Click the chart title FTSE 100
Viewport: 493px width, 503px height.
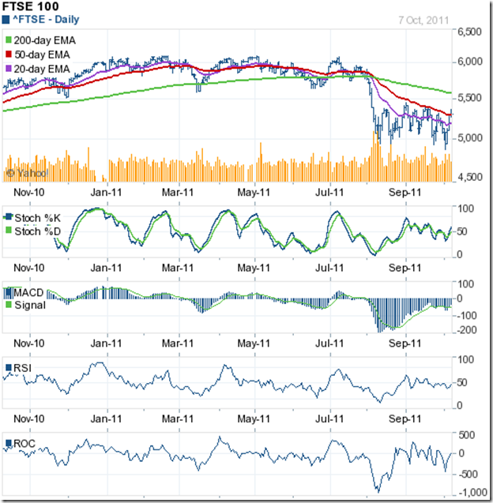pyautogui.click(x=30, y=6)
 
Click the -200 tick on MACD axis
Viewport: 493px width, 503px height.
pyautogui.click(x=468, y=329)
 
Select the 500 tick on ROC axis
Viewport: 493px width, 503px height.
pyautogui.click(x=468, y=434)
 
